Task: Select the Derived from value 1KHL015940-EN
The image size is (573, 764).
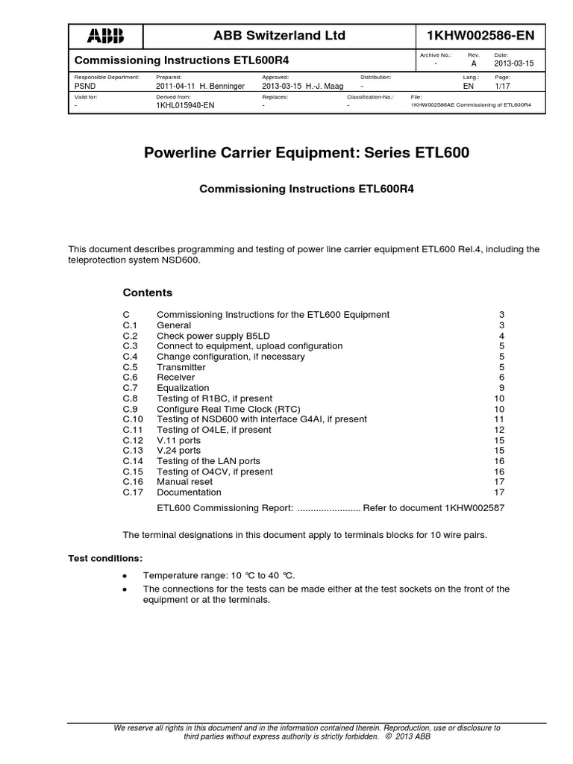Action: pos(184,105)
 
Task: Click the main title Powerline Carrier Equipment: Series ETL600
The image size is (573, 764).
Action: pos(306,154)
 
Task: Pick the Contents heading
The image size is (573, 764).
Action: pos(147,292)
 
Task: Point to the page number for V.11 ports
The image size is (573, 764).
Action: pos(500,440)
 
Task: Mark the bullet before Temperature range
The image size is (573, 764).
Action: pos(125,577)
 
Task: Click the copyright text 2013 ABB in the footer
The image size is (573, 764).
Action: pos(415,736)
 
